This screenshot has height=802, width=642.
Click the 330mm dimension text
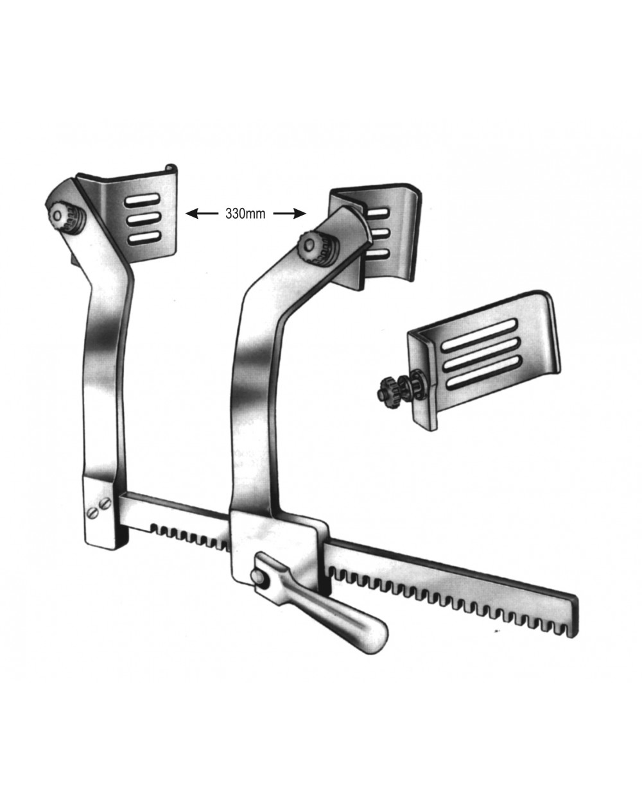(x=245, y=214)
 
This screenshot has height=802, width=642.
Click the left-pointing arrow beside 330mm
(x=202, y=214)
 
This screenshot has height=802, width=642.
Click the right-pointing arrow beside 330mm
(x=290, y=214)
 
